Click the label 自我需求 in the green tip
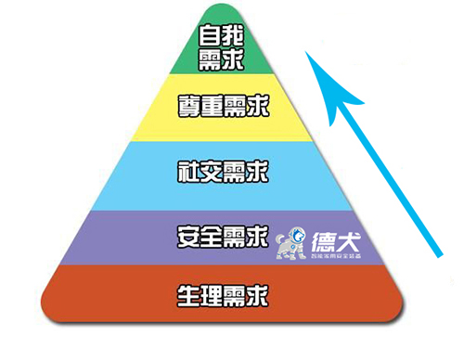coord(221,47)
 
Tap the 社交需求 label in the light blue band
coord(222,171)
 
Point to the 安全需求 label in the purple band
coord(222,235)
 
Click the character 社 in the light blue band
coord(187,171)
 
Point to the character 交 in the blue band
coord(211,171)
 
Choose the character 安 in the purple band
coord(187,235)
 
